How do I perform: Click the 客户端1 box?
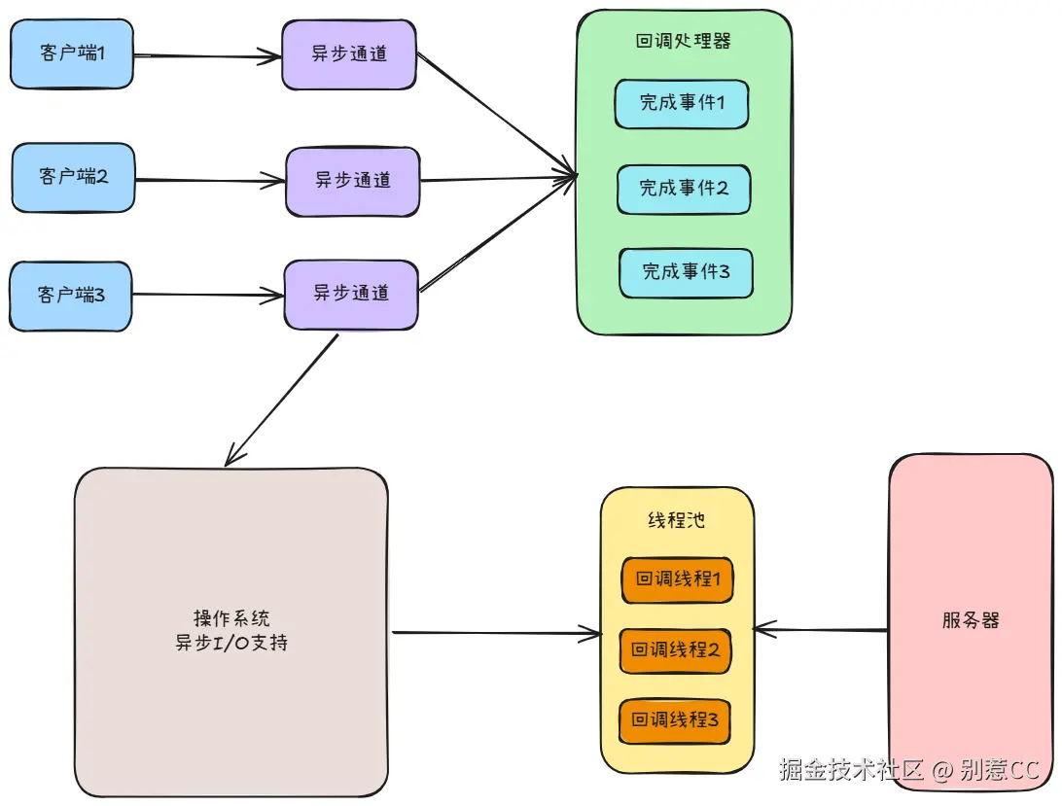click(72, 53)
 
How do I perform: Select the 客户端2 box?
click(73, 178)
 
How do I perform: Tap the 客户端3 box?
click(70, 296)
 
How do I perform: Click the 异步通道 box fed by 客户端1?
click(349, 54)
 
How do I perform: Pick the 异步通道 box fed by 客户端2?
click(353, 182)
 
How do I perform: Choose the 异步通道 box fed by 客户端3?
click(351, 295)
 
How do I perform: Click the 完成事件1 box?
click(682, 104)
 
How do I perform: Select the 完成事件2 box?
click(684, 189)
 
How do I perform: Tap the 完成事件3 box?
click(686, 273)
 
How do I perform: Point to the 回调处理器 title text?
click(683, 41)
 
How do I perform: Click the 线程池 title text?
click(676, 520)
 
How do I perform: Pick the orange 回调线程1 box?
click(677, 579)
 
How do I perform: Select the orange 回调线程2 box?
click(675, 650)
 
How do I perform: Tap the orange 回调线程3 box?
click(675, 720)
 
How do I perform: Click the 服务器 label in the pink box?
click(971, 620)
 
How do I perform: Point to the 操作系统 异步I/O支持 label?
click(231, 630)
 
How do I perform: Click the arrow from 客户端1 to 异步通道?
click(207, 55)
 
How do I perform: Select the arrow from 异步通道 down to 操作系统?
click(281, 400)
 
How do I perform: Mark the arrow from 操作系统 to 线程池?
click(497, 633)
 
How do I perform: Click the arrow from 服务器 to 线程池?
click(821, 630)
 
